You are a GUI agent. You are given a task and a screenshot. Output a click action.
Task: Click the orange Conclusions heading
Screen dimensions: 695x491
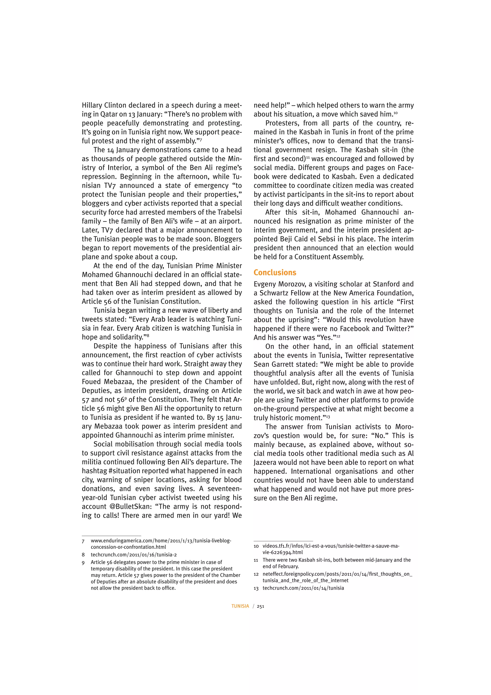[x=275, y=272]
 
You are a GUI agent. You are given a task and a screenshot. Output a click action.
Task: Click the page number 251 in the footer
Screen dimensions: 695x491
[x=261, y=606]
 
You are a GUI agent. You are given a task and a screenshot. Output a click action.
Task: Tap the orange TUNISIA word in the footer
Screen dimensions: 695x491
[x=240, y=606]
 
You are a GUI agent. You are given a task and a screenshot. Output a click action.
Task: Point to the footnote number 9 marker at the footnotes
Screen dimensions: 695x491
[x=83, y=563]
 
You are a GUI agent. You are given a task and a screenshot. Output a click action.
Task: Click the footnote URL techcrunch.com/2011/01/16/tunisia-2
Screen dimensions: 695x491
[x=134, y=555]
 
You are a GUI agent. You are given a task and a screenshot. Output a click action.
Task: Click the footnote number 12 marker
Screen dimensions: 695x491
[x=256, y=574]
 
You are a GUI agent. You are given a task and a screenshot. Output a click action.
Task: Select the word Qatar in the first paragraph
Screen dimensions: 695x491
[x=109, y=114]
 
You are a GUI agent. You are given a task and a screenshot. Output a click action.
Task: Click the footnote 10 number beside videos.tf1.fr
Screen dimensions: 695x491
[x=256, y=546]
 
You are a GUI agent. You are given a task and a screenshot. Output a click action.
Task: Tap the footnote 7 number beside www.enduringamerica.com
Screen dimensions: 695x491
[x=83, y=541]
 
